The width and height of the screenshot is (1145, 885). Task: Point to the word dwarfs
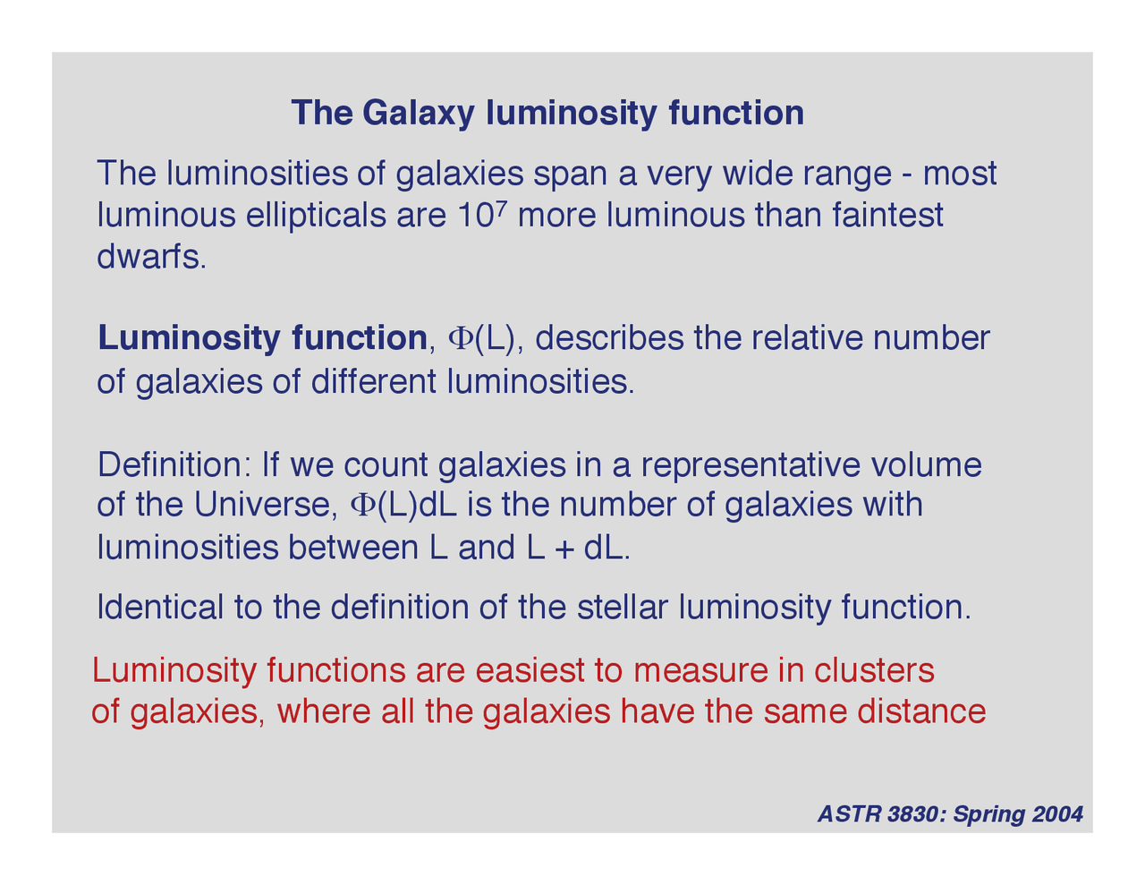point(150,258)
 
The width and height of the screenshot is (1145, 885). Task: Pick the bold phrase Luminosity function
point(262,338)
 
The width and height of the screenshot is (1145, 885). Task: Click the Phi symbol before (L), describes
point(458,339)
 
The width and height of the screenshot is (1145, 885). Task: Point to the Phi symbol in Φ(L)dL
point(362,506)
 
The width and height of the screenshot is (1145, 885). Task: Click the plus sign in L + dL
point(564,549)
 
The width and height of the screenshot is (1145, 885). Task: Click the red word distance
point(921,712)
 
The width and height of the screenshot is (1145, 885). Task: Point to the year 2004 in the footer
point(1057,814)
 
